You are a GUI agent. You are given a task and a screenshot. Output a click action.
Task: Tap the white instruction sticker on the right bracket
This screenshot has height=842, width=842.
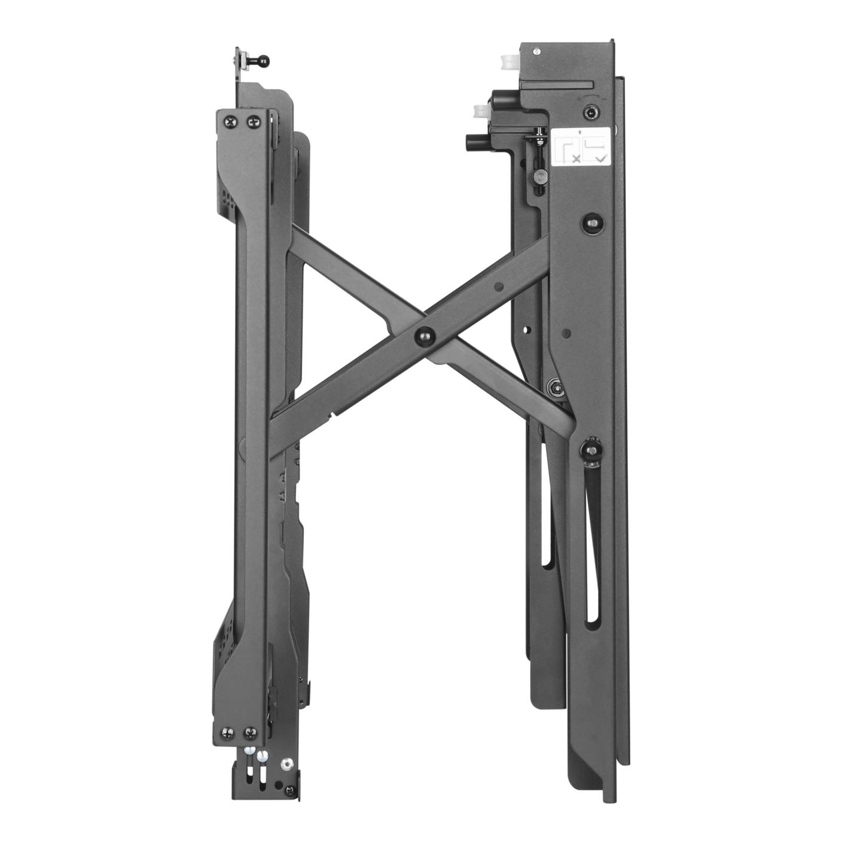[579, 147]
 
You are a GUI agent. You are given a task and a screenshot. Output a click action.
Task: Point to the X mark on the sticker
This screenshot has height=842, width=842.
[575, 159]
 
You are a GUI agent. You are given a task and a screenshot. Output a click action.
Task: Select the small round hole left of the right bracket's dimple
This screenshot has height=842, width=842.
[527, 329]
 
